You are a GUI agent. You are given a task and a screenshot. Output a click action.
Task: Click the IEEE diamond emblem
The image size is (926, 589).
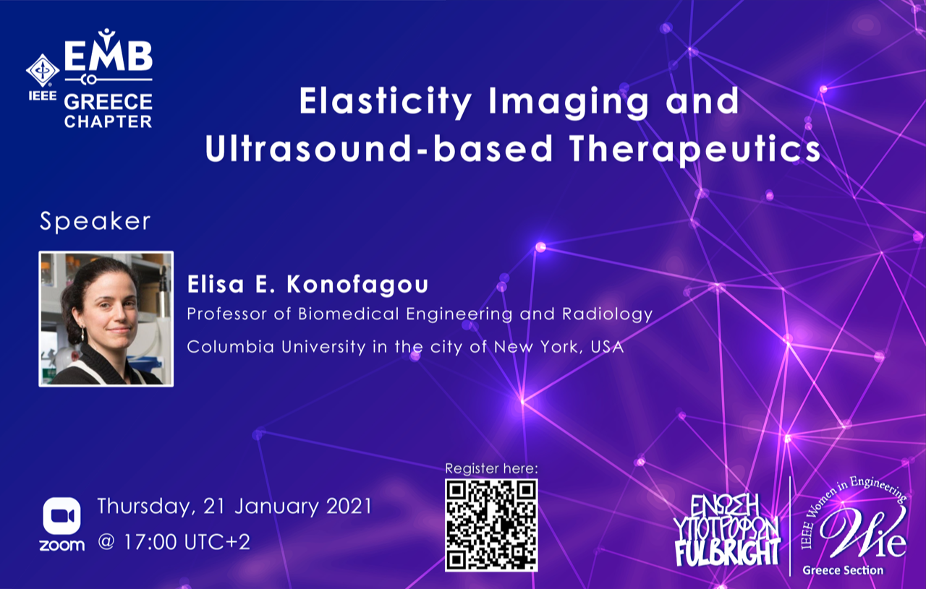click(x=43, y=71)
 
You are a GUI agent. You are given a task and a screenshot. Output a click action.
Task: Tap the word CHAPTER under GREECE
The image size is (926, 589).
click(x=109, y=121)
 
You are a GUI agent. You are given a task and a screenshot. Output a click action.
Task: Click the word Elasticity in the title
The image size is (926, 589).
click(x=386, y=102)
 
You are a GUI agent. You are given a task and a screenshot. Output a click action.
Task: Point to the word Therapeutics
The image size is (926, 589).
click(x=695, y=150)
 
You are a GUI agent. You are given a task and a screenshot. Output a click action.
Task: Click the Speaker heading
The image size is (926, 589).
click(x=95, y=222)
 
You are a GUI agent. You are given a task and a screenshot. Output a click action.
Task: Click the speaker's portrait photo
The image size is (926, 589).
click(x=106, y=319)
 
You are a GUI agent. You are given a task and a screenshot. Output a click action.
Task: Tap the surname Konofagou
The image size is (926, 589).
click(x=357, y=285)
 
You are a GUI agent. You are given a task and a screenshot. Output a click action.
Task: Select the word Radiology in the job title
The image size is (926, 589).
click(x=607, y=314)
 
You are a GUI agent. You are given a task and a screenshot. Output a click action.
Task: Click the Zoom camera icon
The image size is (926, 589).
click(x=62, y=516)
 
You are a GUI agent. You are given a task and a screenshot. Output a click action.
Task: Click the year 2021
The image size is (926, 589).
click(x=349, y=507)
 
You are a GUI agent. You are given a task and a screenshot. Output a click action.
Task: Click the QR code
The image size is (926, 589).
click(x=491, y=525)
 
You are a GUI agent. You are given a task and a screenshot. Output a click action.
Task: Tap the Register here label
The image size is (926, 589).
click(x=491, y=468)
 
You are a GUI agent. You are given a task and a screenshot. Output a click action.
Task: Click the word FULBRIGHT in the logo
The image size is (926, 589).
click(x=728, y=553)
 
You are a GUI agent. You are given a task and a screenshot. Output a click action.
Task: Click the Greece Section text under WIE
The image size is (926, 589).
click(x=843, y=570)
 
